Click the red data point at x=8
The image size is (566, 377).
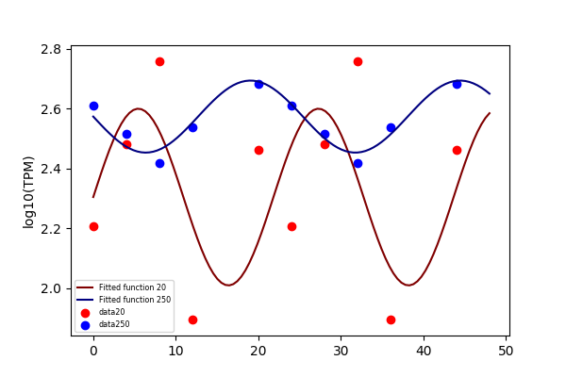point(160,61)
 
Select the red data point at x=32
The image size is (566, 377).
point(358,61)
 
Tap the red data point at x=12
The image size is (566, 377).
point(192,320)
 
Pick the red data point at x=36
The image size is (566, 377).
point(391,320)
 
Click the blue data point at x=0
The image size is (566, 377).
point(93,107)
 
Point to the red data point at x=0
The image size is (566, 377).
point(93,226)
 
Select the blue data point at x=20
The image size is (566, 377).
point(258,85)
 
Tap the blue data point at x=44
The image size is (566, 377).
point(457,85)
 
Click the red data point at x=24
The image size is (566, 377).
point(292,226)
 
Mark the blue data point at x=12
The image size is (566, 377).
point(192,128)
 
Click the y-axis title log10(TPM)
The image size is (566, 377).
point(28,192)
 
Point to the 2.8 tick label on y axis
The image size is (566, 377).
point(51,49)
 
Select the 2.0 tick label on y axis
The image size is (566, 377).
point(51,288)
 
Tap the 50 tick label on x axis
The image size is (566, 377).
point(506,351)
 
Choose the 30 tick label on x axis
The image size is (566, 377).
point(341,351)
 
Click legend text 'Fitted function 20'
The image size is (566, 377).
point(132,287)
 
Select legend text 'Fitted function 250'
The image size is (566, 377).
point(135,300)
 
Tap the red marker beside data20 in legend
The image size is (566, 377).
point(85,313)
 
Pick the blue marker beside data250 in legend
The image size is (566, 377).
point(85,325)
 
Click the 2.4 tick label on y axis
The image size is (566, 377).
point(51,169)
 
